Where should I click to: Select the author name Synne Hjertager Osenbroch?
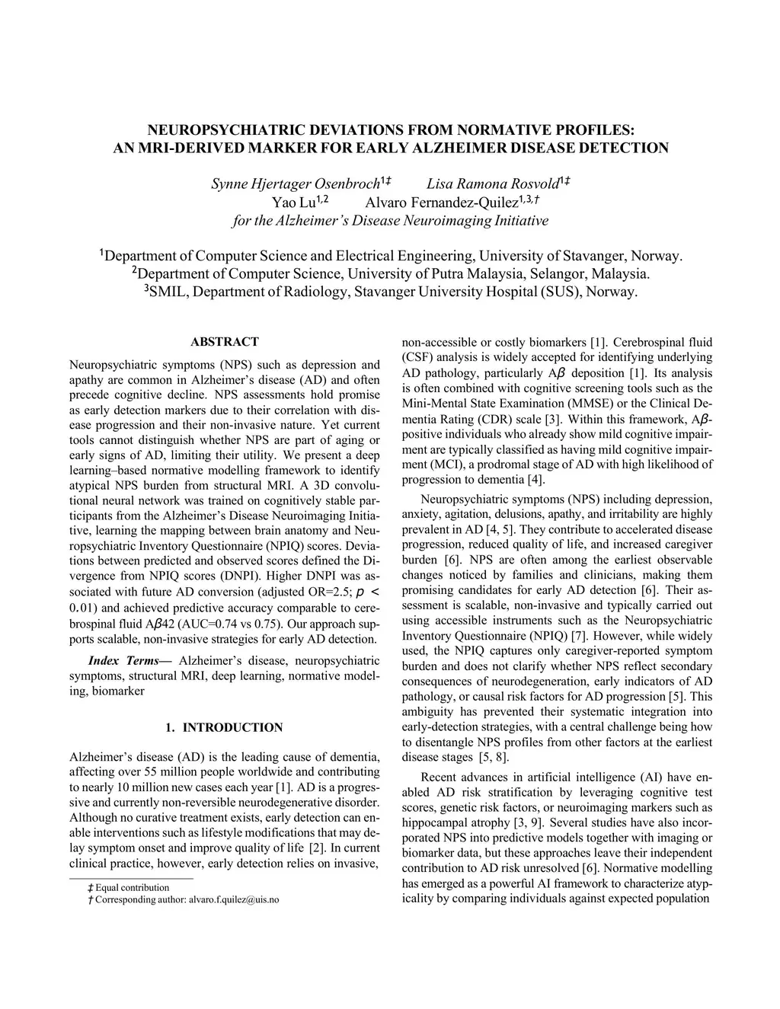tap(295, 184)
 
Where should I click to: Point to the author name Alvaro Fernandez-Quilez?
tap(441, 203)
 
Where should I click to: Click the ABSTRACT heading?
tap(224, 342)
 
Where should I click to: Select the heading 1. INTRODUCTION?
tap(224, 727)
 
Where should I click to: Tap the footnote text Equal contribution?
tap(133, 887)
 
